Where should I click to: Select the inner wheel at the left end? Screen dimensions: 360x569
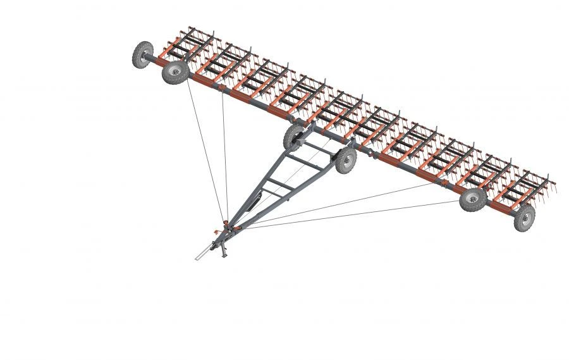tap(175, 71)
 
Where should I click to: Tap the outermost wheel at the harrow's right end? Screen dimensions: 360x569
tap(524, 218)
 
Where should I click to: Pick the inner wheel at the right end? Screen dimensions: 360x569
tap(473, 199)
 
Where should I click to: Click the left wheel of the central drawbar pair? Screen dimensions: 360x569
tap(294, 136)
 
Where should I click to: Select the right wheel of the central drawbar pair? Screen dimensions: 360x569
tap(346, 160)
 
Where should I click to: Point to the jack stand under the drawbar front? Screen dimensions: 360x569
tap(223, 251)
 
